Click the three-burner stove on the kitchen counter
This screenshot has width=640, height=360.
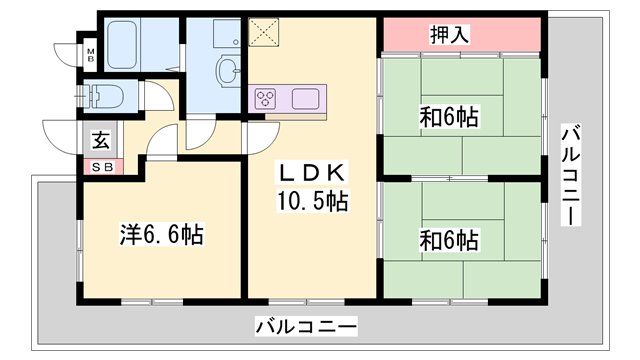click(268, 98)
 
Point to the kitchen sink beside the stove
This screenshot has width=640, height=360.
click(305, 98)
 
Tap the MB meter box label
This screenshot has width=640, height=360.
click(90, 52)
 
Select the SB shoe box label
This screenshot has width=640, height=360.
click(103, 166)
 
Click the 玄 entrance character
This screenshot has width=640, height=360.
click(102, 140)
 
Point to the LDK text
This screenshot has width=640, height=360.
click(311, 171)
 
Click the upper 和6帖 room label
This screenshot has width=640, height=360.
click(448, 119)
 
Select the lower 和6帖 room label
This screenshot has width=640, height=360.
click(448, 240)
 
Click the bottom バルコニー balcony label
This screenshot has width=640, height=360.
click(306, 326)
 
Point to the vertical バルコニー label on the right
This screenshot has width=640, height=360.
click(571, 175)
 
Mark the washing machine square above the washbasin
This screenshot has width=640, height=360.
click(226, 33)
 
